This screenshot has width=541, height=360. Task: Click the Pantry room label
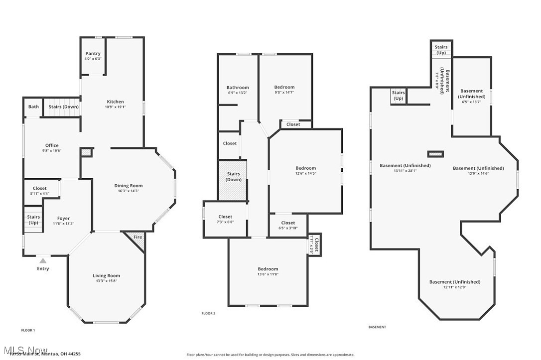93,54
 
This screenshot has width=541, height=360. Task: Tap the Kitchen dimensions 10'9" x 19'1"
115,107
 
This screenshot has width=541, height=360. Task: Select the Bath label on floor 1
33,107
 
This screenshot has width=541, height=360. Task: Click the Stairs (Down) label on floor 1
63,107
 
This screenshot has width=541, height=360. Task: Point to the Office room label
52,146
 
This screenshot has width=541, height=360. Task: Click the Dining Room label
128,186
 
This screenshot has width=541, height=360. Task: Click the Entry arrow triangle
43,260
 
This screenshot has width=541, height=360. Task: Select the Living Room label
106,276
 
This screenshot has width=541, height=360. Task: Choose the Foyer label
63,219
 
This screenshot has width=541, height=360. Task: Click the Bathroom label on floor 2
238,88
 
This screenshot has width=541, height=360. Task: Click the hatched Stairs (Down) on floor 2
233,177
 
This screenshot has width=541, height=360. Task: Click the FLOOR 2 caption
208,313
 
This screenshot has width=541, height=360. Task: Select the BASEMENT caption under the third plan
377,327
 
